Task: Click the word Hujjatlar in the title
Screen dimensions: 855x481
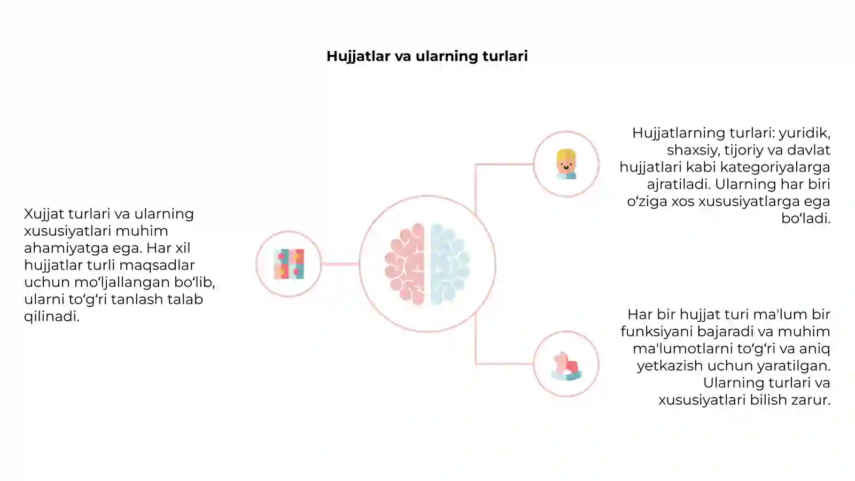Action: coord(359,57)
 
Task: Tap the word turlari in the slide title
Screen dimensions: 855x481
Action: coord(505,56)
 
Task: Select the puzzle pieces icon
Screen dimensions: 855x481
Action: coord(289,264)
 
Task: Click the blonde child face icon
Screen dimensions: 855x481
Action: coord(566,164)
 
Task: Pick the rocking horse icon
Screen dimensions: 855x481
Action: coord(566,366)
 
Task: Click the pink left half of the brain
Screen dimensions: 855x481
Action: coord(405,264)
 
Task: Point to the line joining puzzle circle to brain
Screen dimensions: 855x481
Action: coord(340,264)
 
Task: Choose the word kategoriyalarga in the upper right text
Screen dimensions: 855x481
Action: coord(771,168)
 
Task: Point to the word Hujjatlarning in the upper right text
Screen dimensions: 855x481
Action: coord(679,134)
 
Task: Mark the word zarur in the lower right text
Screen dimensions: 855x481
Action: coord(812,400)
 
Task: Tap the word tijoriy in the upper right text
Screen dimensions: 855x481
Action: coord(742,150)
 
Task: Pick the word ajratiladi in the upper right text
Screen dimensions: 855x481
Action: coord(678,185)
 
